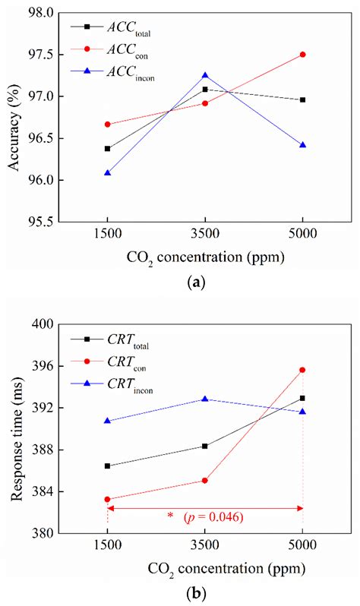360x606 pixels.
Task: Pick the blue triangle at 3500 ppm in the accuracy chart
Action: (205, 76)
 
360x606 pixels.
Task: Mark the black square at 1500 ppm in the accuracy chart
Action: (108, 149)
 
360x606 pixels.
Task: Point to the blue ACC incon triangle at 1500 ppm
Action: (108, 173)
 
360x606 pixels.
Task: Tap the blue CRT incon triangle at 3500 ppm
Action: (205, 399)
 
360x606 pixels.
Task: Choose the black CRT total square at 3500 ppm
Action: (205, 446)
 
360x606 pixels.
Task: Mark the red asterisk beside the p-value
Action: (170, 517)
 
